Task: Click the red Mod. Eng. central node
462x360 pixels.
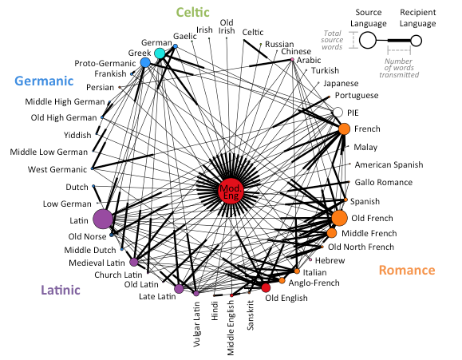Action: tap(231, 191)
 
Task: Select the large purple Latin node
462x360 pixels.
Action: tap(103, 219)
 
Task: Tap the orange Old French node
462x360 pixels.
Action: tap(339, 218)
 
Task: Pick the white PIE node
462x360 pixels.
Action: tap(338, 113)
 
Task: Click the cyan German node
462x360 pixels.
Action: tap(160, 53)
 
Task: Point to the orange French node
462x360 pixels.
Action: tap(344, 129)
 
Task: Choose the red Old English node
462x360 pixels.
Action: tap(266, 287)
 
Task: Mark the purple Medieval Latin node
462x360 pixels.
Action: tap(134, 262)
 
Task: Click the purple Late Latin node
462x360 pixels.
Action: tap(179, 289)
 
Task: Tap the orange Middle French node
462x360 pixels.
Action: tap(331, 233)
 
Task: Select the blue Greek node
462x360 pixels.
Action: tap(145, 62)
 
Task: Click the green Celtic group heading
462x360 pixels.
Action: tap(192, 12)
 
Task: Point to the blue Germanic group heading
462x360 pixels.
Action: tap(44, 81)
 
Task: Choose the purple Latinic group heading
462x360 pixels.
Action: tap(61, 290)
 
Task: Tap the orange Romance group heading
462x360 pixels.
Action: tap(407, 270)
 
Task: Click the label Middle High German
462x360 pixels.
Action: tap(65, 101)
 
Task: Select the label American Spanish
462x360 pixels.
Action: tap(389, 164)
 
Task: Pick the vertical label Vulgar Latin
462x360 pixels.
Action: tap(196, 324)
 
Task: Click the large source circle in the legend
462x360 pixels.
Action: tap(368, 40)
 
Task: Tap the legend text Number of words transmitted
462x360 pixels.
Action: tap(399, 68)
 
